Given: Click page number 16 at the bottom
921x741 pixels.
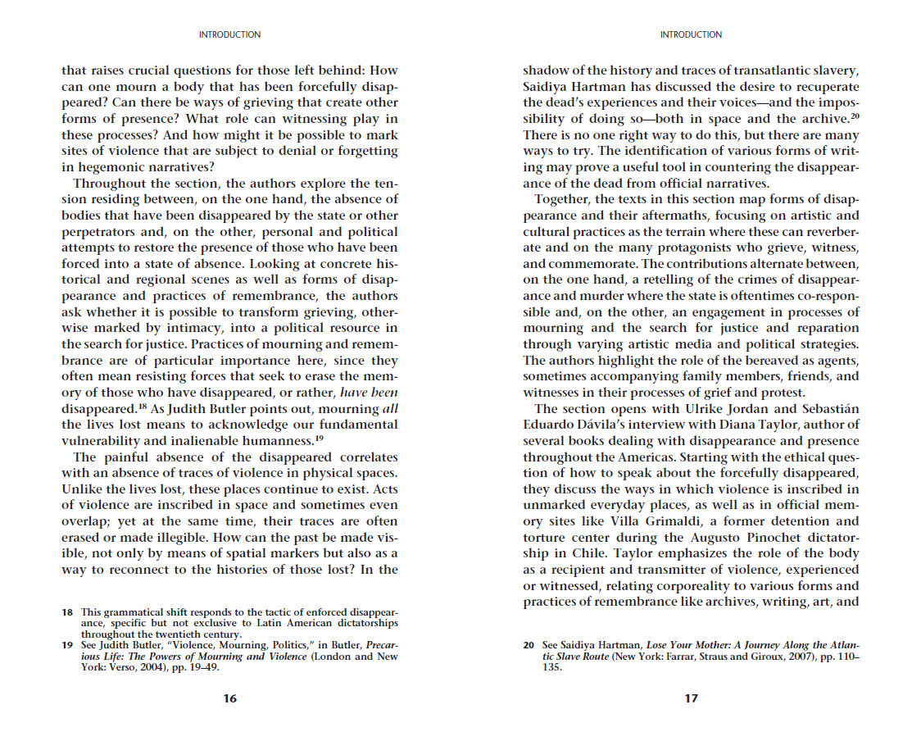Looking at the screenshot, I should [x=230, y=698].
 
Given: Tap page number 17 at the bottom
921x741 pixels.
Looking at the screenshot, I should [x=692, y=698].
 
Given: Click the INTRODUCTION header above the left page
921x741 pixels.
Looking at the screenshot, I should [x=230, y=34].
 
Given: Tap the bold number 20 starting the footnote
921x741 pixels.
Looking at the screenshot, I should [x=529, y=645].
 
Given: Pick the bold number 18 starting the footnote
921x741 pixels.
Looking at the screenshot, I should [x=67, y=612].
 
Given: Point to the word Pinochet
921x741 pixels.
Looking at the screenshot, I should [x=757, y=537].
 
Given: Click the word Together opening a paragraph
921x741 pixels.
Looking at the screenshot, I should [x=563, y=200].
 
